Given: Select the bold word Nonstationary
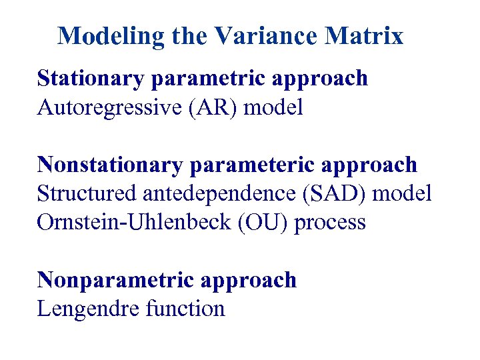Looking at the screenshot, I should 109,164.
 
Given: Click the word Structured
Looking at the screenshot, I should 87,193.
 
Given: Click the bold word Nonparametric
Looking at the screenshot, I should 107,280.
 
